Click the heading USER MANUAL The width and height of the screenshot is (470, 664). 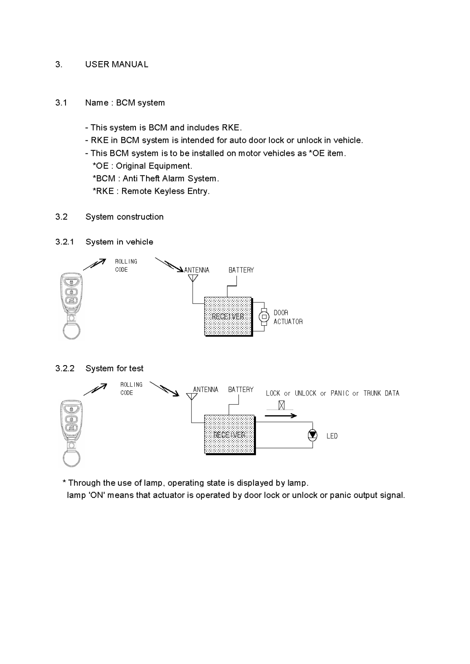[x=117, y=65]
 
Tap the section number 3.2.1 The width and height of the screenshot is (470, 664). [x=65, y=242]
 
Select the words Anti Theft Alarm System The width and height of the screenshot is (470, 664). [x=171, y=179]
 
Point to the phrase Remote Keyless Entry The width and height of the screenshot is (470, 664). [x=165, y=191]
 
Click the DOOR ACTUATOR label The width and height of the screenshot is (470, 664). [x=288, y=317]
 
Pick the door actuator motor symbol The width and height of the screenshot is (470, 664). [x=263, y=316]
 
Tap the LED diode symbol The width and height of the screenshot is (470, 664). [x=312, y=435]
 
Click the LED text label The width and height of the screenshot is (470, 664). [x=332, y=436]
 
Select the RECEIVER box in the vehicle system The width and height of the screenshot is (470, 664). [x=228, y=316]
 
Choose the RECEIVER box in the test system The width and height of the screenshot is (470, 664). [x=229, y=434]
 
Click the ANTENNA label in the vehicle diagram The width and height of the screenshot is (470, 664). [x=197, y=270]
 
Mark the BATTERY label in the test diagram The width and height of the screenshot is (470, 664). [x=241, y=390]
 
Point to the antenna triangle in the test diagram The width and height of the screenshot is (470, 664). [x=191, y=396]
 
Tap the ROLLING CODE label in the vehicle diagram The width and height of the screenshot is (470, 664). [x=126, y=265]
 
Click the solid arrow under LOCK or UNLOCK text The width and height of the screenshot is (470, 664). [x=281, y=416]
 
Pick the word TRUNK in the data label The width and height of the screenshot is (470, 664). [x=372, y=394]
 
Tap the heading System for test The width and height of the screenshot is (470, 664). [x=114, y=369]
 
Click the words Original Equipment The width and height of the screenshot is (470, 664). [x=154, y=166]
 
